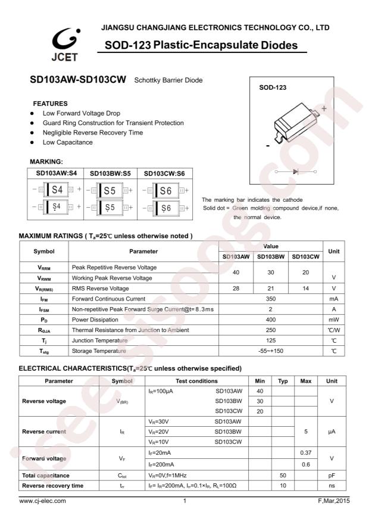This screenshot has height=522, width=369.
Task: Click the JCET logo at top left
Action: coord(64,45)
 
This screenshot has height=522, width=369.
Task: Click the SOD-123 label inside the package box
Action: coord(273,87)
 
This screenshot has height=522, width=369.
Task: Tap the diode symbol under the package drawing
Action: coord(295,171)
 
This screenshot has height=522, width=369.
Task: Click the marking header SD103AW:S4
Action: coord(56,174)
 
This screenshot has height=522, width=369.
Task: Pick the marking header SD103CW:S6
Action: coord(164,174)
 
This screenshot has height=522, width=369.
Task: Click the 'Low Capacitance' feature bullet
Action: coord(67,142)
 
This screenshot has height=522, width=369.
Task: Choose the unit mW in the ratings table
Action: coord(333,319)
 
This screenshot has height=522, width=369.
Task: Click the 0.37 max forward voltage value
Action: coord(305,454)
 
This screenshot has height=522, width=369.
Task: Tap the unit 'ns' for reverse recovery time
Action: coord(332,486)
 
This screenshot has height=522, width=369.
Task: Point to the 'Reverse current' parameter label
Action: coord(44,432)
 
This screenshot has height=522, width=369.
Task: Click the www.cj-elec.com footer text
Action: coord(43,501)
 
